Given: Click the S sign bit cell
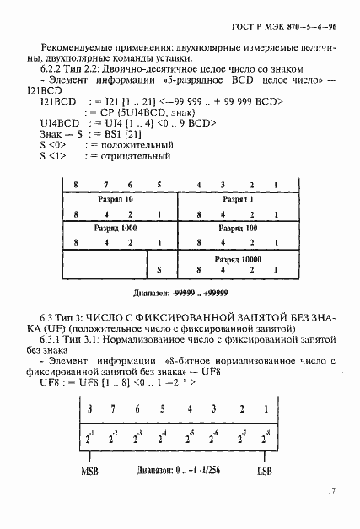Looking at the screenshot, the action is tap(158, 270).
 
